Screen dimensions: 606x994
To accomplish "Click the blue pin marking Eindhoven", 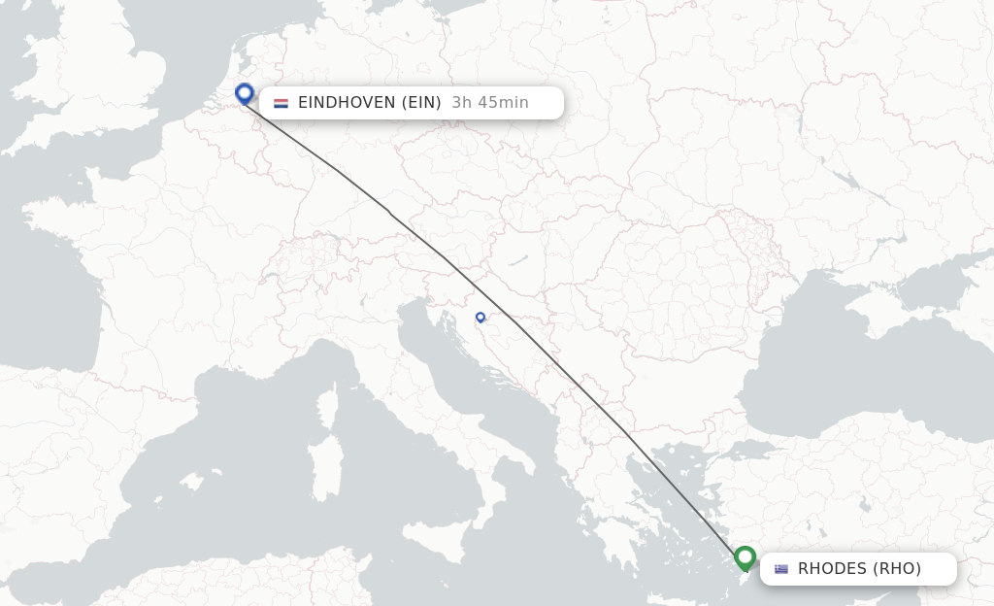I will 245,93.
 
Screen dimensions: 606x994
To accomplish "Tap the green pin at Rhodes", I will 745,557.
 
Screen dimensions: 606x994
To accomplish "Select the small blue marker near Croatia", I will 480,317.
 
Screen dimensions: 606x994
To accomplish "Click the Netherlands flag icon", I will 282,103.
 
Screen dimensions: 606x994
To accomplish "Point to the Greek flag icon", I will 781,569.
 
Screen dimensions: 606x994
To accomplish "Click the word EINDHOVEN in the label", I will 345,103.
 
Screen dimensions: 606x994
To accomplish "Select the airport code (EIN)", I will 420,103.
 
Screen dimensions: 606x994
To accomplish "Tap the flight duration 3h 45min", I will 490,103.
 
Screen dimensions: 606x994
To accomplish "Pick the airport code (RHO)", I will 899,569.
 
